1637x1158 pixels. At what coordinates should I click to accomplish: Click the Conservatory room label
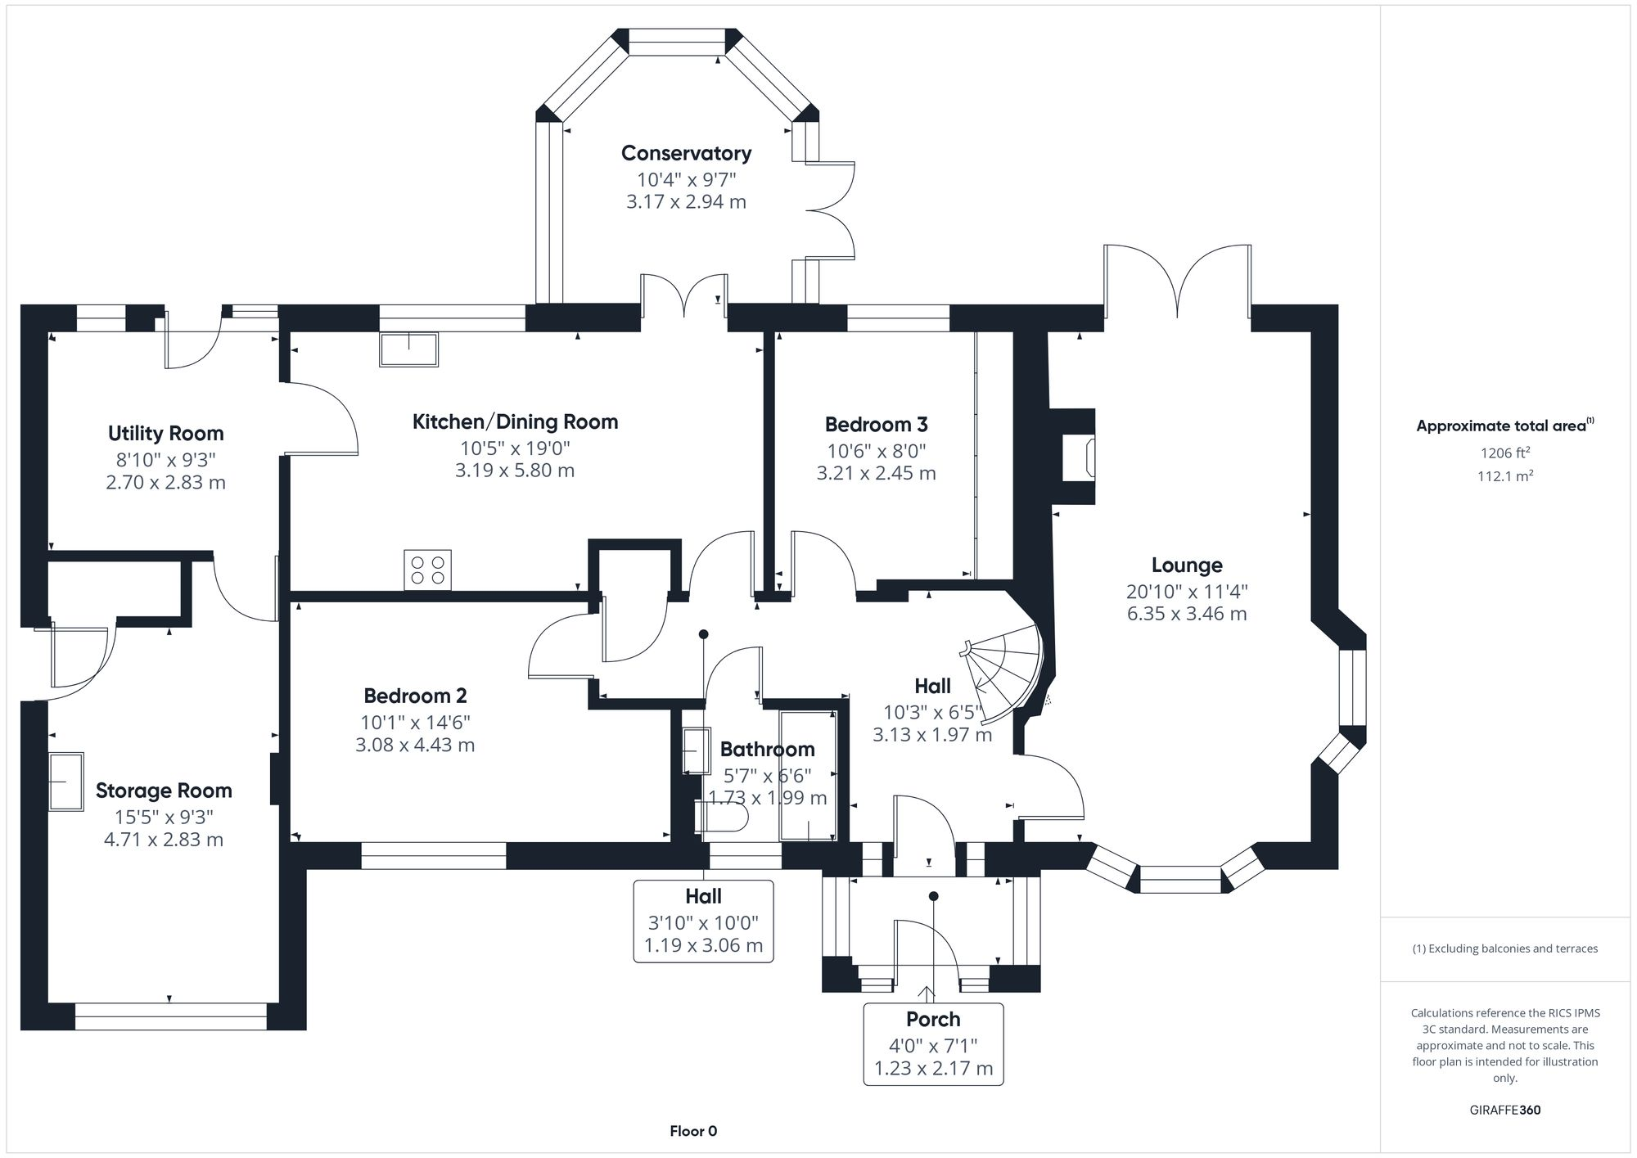[x=686, y=153]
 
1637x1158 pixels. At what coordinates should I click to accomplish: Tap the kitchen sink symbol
[x=408, y=349]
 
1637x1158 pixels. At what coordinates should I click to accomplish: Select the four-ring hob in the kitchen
[x=427, y=570]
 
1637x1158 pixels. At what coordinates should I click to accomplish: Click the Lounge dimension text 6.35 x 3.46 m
[x=1186, y=614]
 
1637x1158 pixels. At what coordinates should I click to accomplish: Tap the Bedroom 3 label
[x=876, y=424]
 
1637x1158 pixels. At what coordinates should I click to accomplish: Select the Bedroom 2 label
[x=415, y=696]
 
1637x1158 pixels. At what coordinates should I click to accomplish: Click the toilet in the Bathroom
[x=720, y=817]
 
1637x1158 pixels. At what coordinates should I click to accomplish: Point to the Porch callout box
[x=933, y=1044]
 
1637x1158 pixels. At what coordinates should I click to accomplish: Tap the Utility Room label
[x=165, y=433]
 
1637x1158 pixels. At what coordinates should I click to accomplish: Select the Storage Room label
[x=164, y=791]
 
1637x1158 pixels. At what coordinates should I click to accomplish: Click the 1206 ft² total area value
[x=1504, y=452]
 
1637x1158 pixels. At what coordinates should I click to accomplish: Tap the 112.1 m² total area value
[x=1504, y=476]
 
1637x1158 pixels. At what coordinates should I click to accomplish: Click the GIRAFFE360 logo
[x=1504, y=1111]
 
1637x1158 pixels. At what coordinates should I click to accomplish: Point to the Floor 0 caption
[x=693, y=1131]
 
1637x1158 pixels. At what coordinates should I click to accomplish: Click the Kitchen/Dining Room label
[x=515, y=421]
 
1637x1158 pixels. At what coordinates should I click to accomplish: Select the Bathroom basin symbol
[x=696, y=750]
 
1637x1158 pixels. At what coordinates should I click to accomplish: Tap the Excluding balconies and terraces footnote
[x=1504, y=948]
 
